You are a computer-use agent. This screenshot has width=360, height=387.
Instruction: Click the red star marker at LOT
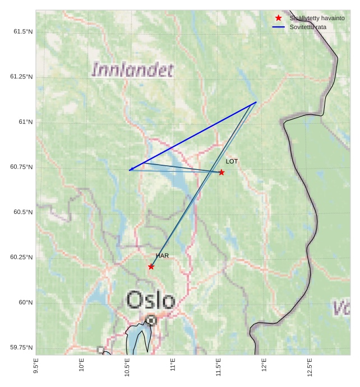[x=221, y=172]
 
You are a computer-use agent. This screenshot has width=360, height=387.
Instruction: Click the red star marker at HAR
[x=151, y=267]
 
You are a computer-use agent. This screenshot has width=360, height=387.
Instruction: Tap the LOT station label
[x=232, y=161]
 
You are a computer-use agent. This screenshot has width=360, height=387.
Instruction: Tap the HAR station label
[x=162, y=256]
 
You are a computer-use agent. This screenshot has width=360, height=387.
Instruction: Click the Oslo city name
[x=150, y=300]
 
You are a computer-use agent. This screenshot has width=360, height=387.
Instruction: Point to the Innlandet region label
[x=132, y=70]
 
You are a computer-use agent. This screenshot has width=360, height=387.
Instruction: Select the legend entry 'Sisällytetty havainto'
[x=317, y=18]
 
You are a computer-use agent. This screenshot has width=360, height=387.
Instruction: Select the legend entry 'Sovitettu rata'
[x=308, y=27]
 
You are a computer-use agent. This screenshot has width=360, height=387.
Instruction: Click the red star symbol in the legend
[x=279, y=18]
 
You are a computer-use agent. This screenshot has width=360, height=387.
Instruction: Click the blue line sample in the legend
[x=279, y=27]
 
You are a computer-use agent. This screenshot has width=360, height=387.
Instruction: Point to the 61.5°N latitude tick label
[x=23, y=31]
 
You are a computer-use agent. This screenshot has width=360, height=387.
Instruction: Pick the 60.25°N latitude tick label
[x=21, y=257]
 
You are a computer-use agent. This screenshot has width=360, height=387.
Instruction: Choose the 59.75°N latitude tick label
[x=21, y=348]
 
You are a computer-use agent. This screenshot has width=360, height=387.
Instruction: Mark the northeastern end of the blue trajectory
[x=256, y=102]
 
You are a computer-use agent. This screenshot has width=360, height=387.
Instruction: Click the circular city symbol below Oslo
[x=151, y=320]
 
